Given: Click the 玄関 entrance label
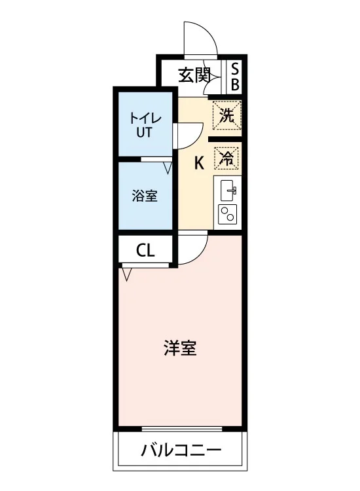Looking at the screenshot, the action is [x=194, y=75].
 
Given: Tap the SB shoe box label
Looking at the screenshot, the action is [x=235, y=76].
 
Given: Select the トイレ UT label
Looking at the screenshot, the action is [x=145, y=125].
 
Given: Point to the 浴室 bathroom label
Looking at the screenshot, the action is [x=144, y=196].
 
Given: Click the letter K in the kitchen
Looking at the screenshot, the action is [x=200, y=163].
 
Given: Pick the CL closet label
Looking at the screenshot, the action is [x=145, y=250].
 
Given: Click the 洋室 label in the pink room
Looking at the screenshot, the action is [x=180, y=348].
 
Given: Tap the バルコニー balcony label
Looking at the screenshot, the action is [x=181, y=450].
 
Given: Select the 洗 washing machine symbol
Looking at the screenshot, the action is [x=227, y=115].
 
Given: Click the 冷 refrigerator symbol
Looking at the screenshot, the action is [x=226, y=158].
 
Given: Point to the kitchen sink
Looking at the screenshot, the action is [x=228, y=191].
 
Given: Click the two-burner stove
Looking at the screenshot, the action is [x=228, y=214].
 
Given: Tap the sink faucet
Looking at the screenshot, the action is [x=232, y=190].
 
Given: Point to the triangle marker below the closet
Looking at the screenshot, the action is [x=126, y=274].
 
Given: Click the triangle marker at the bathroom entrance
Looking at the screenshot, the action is [x=168, y=168].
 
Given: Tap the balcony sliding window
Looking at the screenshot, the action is [x=182, y=428].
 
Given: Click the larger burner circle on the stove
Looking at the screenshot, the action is [x=231, y=217].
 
